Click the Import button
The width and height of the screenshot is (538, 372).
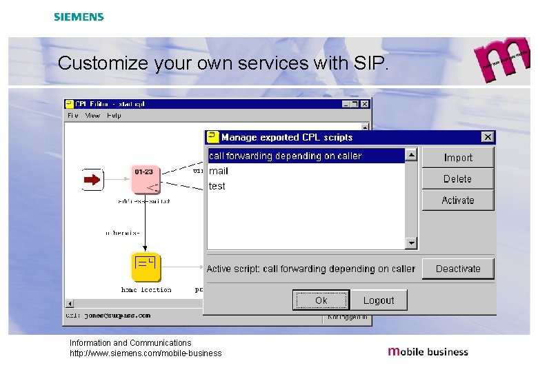(458, 158)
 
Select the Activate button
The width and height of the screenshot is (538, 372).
(458, 200)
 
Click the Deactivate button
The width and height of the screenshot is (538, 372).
(458, 269)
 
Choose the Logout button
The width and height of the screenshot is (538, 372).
(379, 300)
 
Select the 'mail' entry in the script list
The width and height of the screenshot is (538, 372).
(219, 171)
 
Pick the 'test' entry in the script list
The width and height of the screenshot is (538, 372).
(217, 186)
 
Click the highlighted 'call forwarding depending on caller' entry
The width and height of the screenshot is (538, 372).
(286, 156)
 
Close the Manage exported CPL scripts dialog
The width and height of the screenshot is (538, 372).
(488, 137)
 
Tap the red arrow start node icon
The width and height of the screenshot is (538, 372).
(92, 180)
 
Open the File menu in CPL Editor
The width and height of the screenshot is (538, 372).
(73, 116)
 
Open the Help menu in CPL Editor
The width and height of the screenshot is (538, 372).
(114, 116)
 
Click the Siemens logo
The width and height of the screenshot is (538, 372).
(79, 17)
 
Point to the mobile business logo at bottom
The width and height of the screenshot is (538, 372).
(428, 351)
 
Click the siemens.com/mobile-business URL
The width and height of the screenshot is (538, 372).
(146, 353)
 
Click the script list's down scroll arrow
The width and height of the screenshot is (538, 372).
(411, 242)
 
